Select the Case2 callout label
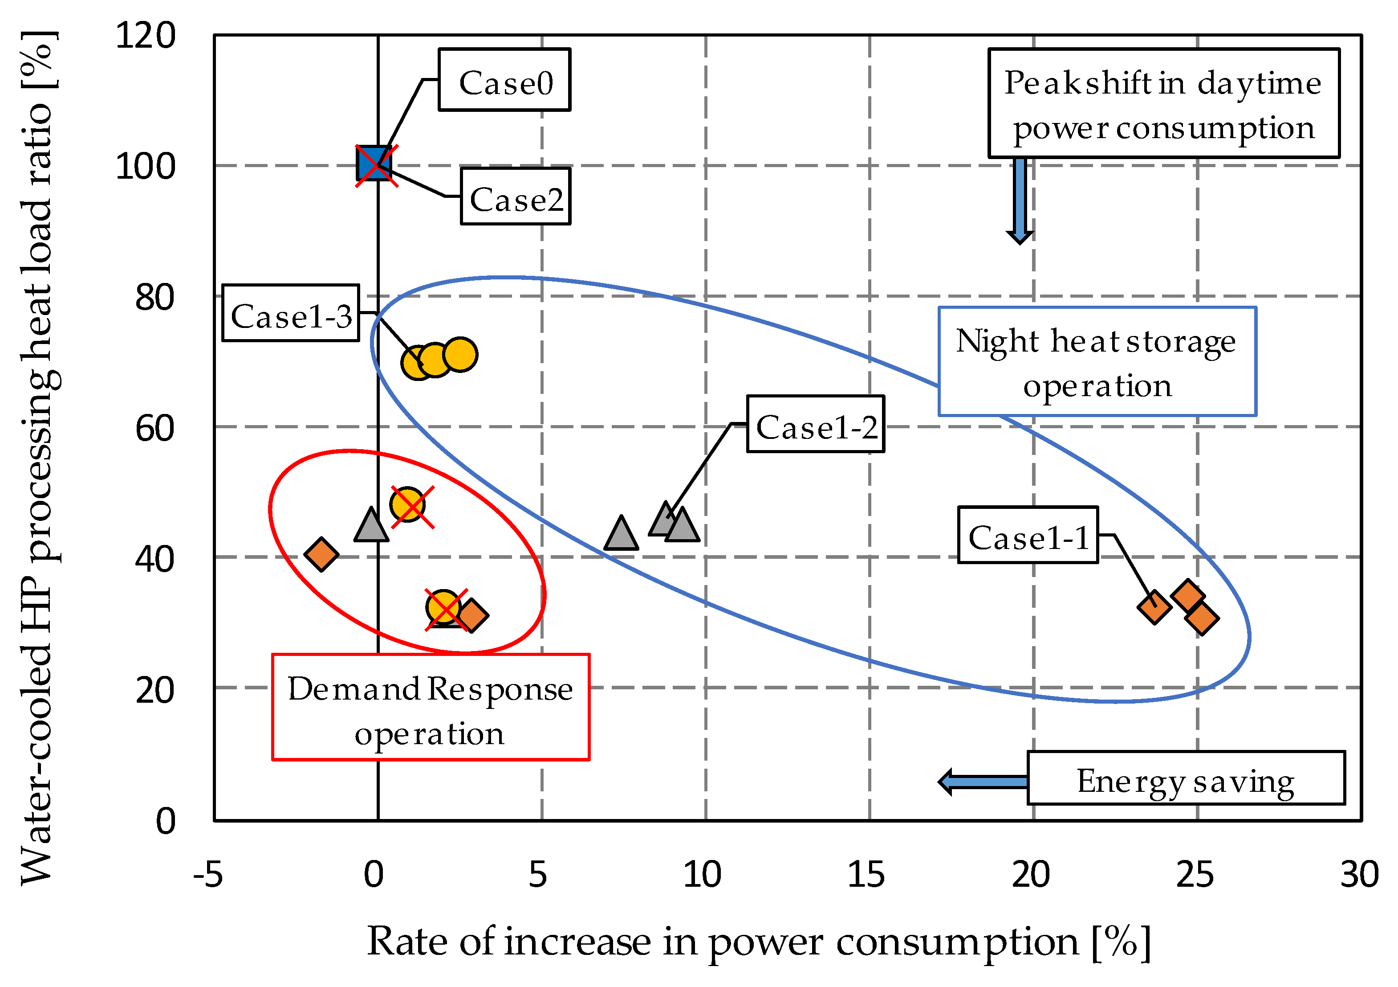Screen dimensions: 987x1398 [x=515, y=197]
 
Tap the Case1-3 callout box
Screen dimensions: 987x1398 [x=290, y=313]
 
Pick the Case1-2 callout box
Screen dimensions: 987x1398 [x=815, y=424]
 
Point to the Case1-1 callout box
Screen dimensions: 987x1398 [x=1028, y=535]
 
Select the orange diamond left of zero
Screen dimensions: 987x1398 [x=321, y=554]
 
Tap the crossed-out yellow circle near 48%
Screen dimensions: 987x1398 [x=408, y=504]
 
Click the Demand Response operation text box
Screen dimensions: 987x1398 [x=431, y=707]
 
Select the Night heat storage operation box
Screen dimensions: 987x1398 [x=1097, y=362]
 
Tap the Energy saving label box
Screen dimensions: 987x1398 [x=1186, y=778]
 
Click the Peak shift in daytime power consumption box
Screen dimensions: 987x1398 [x=1163, y=103]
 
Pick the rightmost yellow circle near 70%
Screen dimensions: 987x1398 [x=460, y=355]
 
